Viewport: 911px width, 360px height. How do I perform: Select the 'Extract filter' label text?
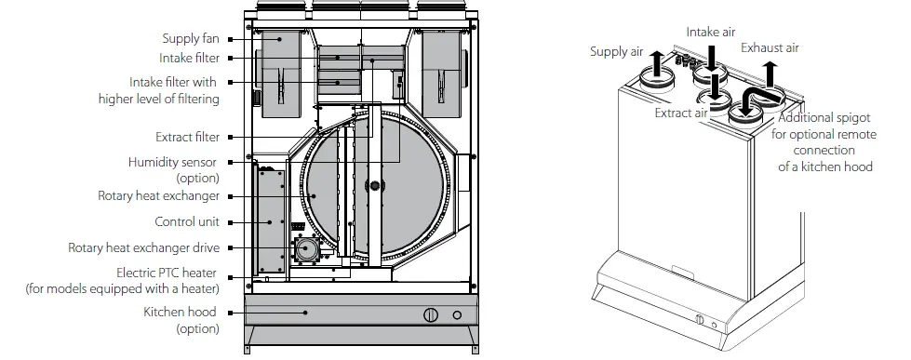pos(188,138)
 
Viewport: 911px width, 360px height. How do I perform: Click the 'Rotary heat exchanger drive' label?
pos(144,248)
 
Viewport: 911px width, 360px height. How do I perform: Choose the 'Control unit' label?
pos(187,222)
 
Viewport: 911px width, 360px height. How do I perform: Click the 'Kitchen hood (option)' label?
pos(181,320)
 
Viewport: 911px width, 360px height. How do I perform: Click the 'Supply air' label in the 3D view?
pos(616,51)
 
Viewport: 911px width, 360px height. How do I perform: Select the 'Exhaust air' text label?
pos(770,47)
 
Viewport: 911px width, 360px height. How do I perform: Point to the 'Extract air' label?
pos(681,113)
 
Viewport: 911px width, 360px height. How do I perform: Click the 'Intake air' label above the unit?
pos(711,32)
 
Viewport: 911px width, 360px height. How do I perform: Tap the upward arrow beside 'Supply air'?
pos(657,63)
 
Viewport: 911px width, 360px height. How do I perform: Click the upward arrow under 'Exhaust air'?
pos(770,73)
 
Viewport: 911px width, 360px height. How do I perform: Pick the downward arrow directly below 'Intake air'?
pos(711,58)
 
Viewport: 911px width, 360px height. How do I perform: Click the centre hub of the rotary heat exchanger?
pos(376,186)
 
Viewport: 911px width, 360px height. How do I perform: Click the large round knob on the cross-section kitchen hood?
pos(431,314)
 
